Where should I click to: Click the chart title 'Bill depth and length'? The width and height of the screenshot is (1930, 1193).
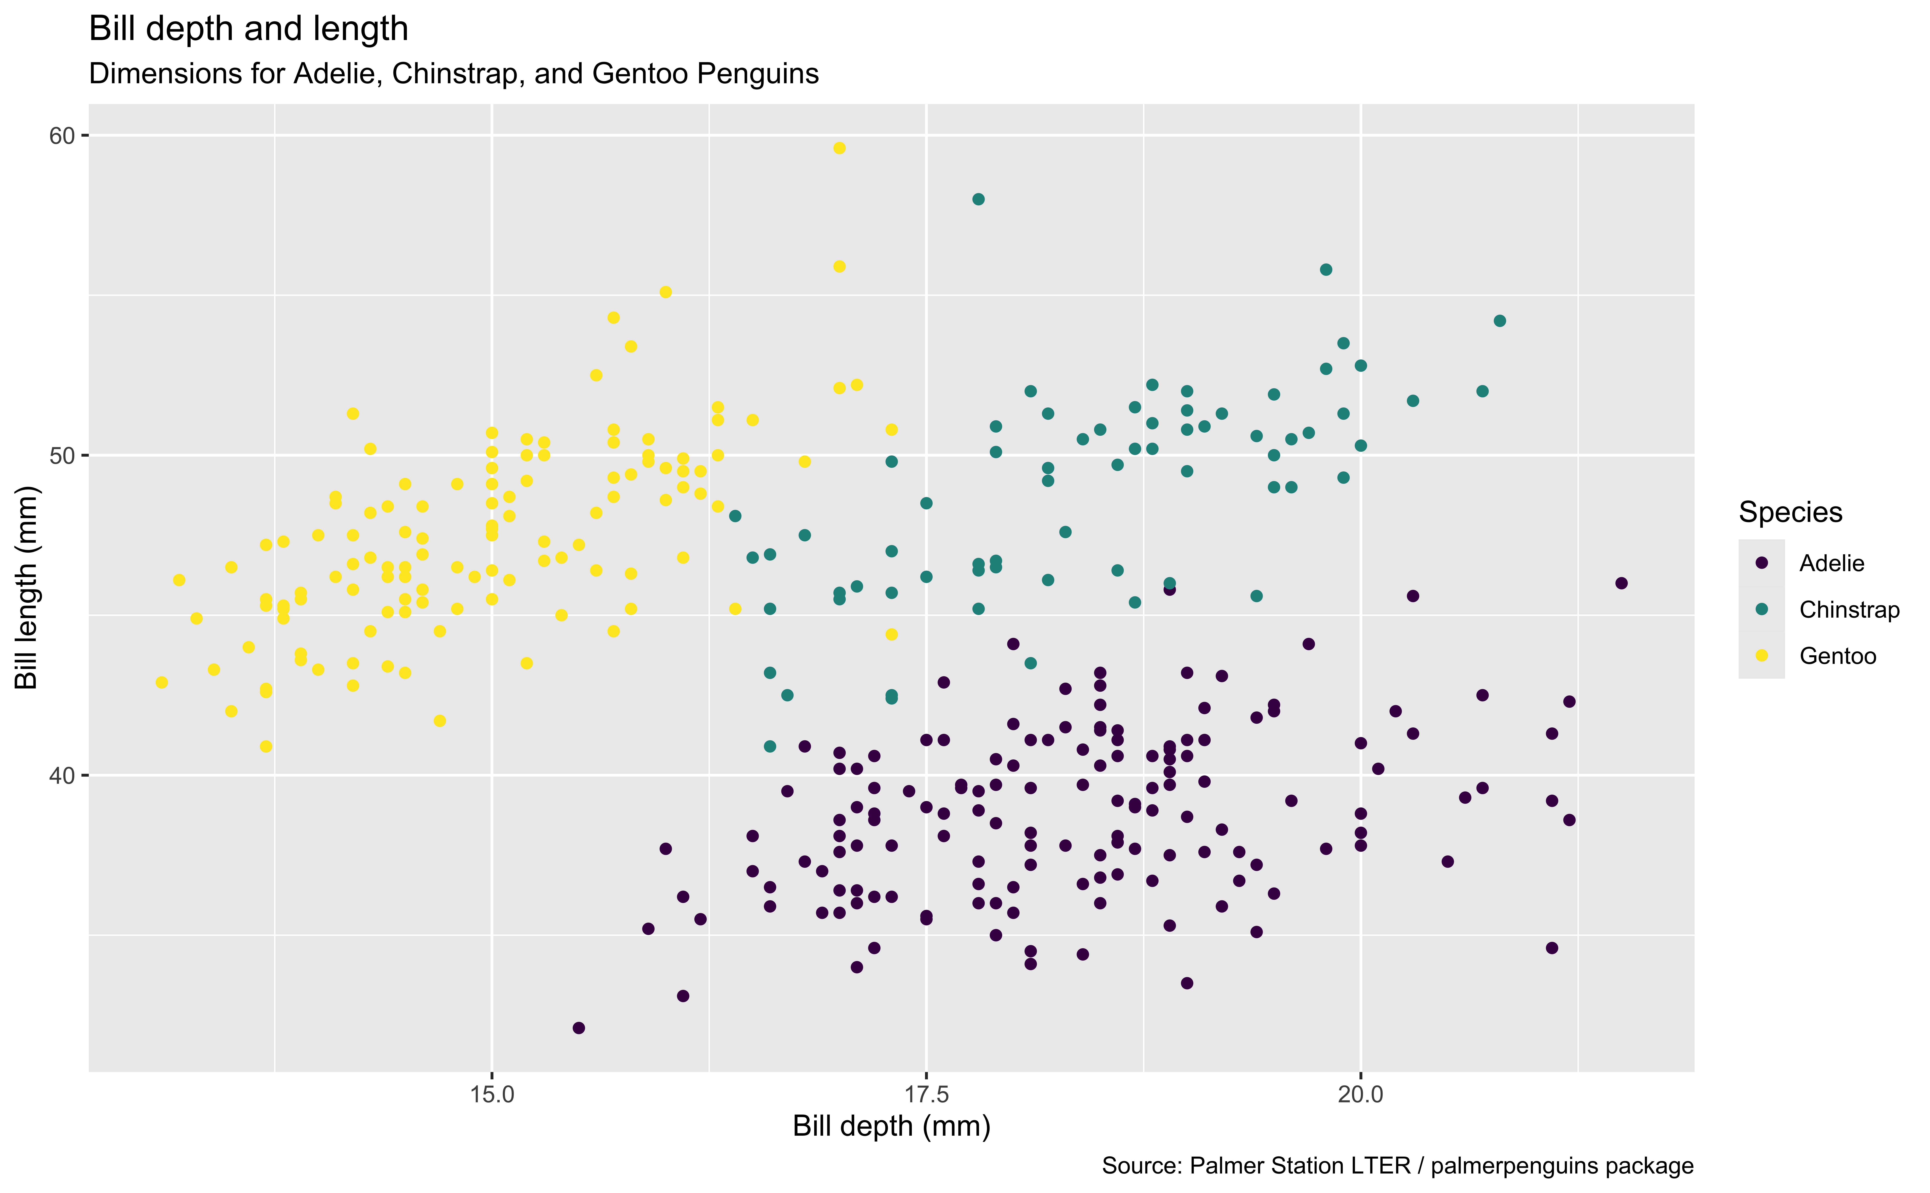pos(248,29)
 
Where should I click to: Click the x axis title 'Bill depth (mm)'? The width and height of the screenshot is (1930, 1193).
pos(891,1126)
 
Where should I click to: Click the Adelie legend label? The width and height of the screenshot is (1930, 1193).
pos(1831,563)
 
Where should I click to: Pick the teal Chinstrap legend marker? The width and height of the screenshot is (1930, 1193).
pos(1761,609)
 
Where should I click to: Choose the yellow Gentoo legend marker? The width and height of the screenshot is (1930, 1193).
pos(1761,656)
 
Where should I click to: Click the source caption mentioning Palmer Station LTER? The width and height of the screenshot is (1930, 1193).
pos(1397,1166)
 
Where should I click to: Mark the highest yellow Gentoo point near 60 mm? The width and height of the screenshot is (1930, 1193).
pos(839,148)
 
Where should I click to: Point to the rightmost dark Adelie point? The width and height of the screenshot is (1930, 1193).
pos(1621,583)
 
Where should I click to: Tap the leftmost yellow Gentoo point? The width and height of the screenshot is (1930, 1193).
pos(162,683)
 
